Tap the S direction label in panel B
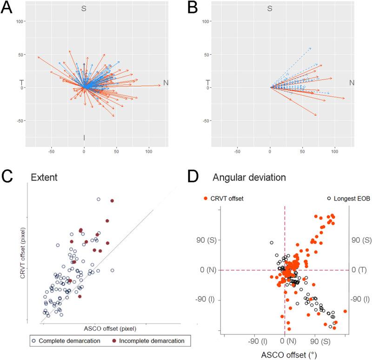click(269, 9)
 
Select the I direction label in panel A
click(84, 137)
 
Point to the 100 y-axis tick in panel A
click(20, 21)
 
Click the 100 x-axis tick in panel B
click(335, 151)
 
